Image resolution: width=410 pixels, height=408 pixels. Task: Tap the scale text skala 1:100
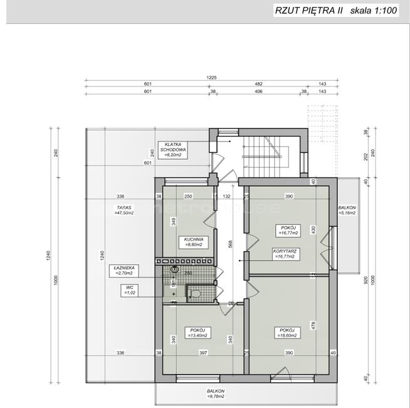point(373,10)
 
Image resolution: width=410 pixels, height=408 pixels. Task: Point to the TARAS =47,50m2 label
point(124,209)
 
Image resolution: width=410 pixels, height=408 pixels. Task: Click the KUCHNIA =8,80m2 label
point(192,242)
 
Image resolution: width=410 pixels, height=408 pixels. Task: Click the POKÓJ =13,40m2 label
point(197,332)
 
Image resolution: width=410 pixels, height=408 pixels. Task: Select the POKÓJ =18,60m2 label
point(288,332)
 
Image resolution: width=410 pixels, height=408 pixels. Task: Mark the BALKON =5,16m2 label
point(347,210)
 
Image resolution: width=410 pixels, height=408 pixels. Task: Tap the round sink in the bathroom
point(176,271)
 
